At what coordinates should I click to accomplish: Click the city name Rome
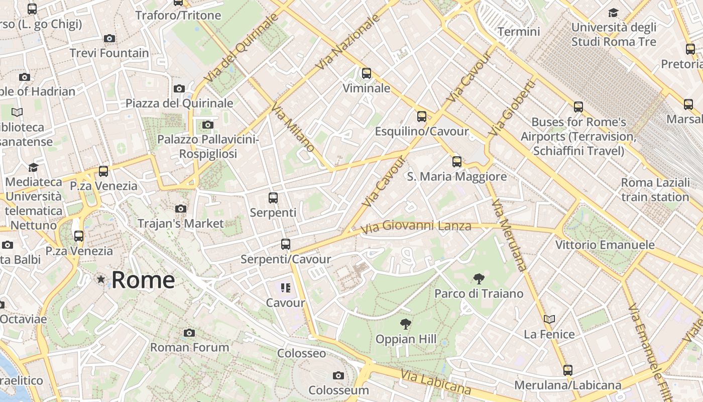coord(143,280)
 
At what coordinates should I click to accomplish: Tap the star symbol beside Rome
coord(101,279)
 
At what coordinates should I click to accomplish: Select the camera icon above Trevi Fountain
coord(109,38)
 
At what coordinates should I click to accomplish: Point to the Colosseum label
coord(338,390)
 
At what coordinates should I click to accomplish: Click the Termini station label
coord(519,32)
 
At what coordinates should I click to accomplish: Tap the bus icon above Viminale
coord(367,73)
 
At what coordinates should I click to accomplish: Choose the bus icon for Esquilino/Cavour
coord(422,117)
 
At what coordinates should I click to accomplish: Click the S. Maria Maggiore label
coord(456,177)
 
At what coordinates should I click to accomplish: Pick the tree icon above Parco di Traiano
coord(479,278)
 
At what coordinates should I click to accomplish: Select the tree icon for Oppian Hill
coord(406,324)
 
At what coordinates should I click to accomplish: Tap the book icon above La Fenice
coord(549,319)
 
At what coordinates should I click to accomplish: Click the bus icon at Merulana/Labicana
coord(567,370)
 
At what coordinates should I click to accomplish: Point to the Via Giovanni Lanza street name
coord(416,227)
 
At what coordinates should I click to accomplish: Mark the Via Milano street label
coord(293,128)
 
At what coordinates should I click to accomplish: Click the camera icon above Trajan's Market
coord(181,209)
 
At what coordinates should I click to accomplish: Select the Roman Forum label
coord(189,347)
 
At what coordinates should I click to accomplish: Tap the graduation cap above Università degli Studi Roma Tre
coord(613,13)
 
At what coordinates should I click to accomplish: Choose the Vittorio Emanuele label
coord(605,245)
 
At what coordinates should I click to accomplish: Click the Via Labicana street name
coord(435,382)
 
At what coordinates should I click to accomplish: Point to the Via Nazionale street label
coord(348,43)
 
